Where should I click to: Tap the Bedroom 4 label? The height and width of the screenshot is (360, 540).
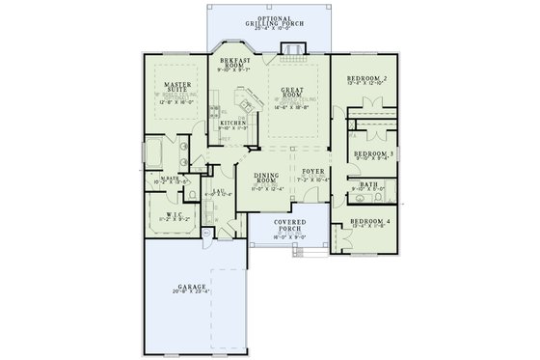[x=370, y=223]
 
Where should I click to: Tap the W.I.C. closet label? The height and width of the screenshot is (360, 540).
[x=175, y=214]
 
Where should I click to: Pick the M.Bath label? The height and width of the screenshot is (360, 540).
[x=169, y=179]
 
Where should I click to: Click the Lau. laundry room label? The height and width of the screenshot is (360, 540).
[x=218, y=191]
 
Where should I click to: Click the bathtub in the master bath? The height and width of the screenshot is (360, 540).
[x=155, y=152]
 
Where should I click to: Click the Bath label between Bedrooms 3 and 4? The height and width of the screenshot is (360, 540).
[x=368, y=184]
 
